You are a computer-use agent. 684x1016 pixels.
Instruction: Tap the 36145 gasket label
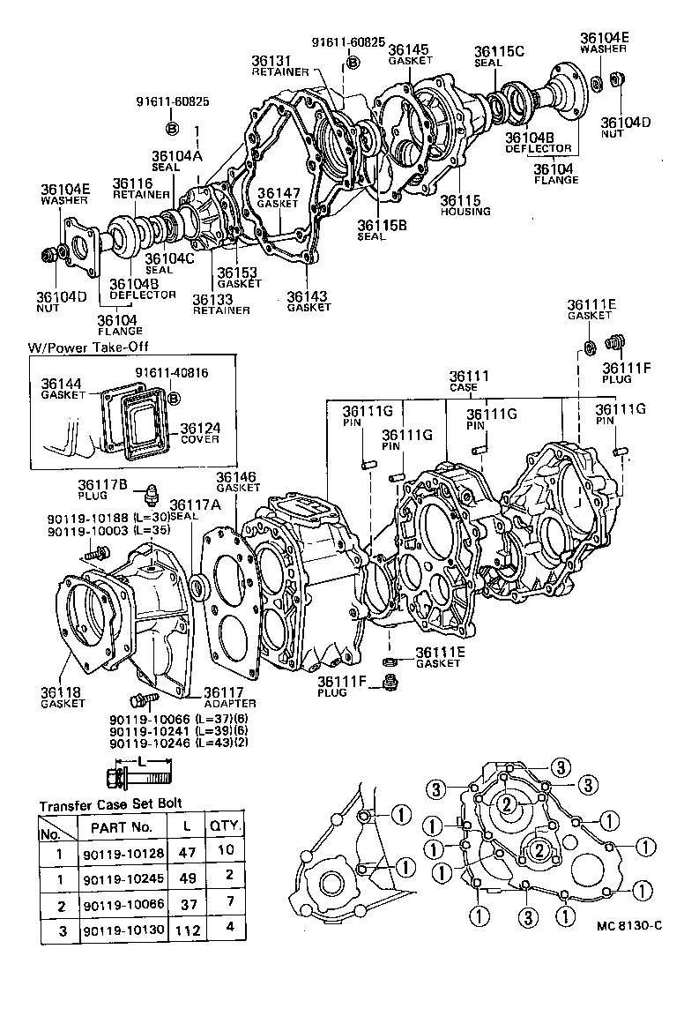(x=410, y=50)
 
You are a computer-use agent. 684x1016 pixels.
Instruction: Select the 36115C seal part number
(x=499, y=51)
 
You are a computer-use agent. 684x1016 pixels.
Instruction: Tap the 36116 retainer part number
(x=133, y=183)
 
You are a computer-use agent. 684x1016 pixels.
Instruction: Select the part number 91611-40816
(x=171, y=373)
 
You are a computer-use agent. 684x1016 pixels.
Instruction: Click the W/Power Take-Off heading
(x=85, y=348)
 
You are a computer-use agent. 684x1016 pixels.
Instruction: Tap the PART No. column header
(x=122, y=827)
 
